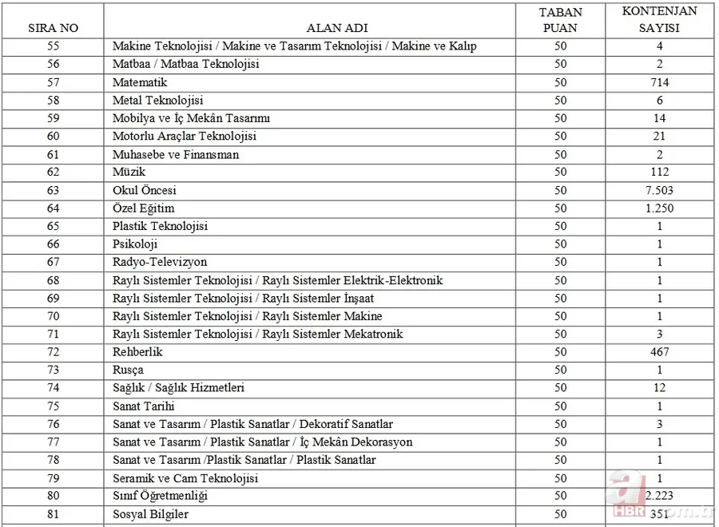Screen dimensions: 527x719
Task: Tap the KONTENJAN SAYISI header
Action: (x=659, y=19)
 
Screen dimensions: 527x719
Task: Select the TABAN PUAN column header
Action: (x=560, y=20)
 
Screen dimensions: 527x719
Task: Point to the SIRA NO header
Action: (x=53, y=28)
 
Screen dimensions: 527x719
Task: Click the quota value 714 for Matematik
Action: (x=659, y=82)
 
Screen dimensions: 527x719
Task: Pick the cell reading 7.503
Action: (x=659, y=191)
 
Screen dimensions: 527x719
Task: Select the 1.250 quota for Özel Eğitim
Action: (x=659, y=208)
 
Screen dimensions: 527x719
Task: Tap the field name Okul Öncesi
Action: (x=145, y=191)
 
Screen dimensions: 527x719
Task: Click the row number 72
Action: (x=53, y=352)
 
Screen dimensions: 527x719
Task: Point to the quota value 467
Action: (x=659, y=352)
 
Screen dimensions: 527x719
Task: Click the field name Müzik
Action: (x=129, y=172)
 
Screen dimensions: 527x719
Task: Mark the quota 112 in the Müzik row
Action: (x=659, y=172)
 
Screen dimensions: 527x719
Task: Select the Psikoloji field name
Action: (x=135, y=244)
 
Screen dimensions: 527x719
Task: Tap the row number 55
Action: (x=53, y=46)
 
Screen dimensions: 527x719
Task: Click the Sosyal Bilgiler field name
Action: (x=151, y=514)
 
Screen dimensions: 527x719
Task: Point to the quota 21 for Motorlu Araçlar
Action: (x=659, y=137)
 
